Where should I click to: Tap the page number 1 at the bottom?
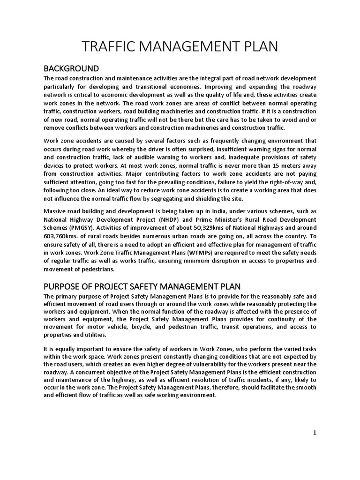(315, 433)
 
